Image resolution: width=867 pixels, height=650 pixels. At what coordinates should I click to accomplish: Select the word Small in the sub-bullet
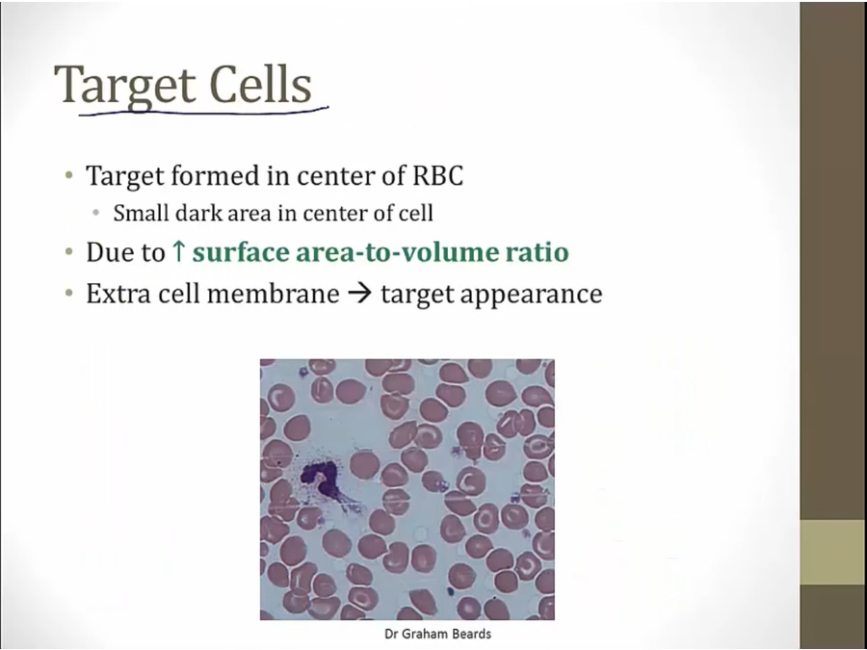pyautogui.click(x=140, y=213)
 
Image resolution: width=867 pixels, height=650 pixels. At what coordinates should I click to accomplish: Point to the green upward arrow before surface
pyautogui.click(x=178, y=251)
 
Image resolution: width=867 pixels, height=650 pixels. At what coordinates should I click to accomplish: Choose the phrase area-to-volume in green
pyautogui.click(x=398, y=252)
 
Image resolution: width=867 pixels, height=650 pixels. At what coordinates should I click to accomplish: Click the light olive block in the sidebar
pyautogui.click(x=833, y=552)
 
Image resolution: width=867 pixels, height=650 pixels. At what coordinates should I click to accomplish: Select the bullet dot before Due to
pyautogui.click(x=68, y=252)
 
